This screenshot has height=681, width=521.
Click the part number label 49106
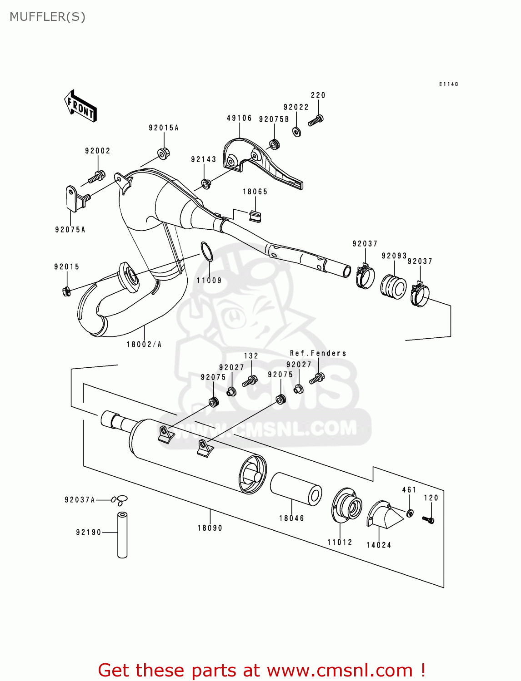tap(239, 118)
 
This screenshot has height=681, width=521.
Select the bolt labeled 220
tap(316, 121)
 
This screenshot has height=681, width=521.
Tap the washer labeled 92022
tap(296, 132)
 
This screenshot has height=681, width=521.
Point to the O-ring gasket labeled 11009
tap(206, 252)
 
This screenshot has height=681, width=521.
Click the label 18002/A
tap(144, 345)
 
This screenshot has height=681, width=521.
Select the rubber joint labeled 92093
tap(393, 286)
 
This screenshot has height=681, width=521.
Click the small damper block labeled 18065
tap(255, 216)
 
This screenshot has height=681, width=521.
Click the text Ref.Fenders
tap(318, 353)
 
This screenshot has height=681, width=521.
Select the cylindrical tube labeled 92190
tap(122, 535)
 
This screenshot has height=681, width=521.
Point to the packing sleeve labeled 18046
tap(296, 489)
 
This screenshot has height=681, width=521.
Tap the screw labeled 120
tap(428, 519)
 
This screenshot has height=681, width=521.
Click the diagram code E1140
tap(448, 84)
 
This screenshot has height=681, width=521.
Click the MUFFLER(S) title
tap(47, 17)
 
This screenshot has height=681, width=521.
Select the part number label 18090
tap(210, 528)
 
